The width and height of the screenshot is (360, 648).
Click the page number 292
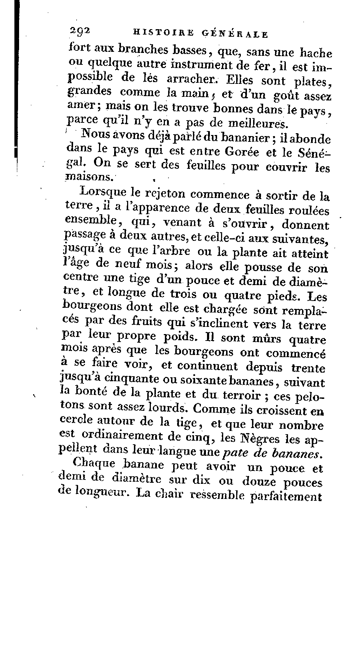tap(80, 32)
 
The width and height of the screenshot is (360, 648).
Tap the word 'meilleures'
tap(258, 123)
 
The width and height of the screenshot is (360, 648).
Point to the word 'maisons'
tap(90, 177)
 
